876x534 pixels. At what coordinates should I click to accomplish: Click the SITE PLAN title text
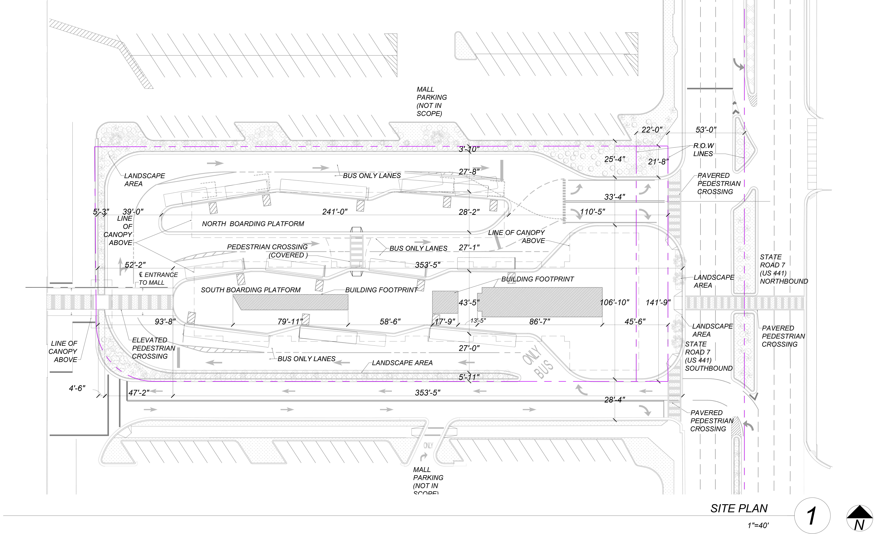[x=739, y=508]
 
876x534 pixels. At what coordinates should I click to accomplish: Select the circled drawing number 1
[x=812, y=516]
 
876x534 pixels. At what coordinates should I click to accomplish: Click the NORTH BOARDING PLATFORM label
[x=253, y=224]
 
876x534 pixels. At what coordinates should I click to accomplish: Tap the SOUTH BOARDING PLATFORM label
[x=251, y=290]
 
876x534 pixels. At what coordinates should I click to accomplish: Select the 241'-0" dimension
[x=335, y=212]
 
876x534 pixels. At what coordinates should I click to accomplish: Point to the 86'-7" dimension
[x=539, y=322]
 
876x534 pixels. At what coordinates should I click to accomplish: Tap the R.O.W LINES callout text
[x=703, y=150]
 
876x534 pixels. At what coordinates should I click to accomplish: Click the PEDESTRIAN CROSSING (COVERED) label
[x=267, y=251]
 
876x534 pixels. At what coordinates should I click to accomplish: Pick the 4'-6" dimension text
[x=77, y=388]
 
